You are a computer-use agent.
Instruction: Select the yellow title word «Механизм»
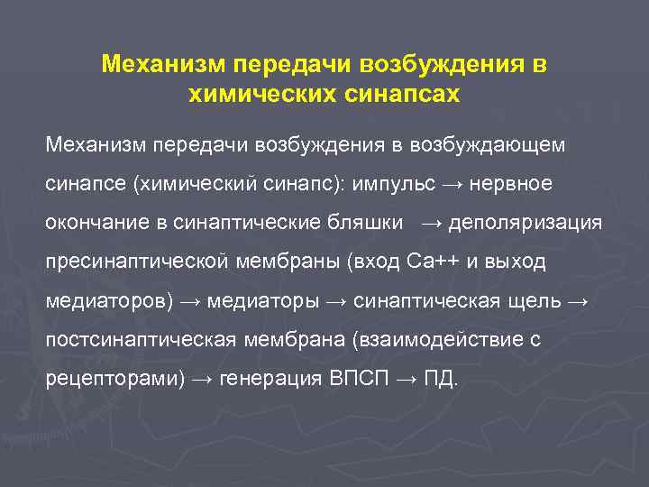[x=163, y=65]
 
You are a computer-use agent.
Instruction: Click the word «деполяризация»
[x=525, y=222]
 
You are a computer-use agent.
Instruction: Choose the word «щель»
[x=538, y=299]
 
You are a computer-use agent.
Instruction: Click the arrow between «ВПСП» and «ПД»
[x=407, y=379]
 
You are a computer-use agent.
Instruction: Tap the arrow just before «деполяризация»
[x=432, y=223]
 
